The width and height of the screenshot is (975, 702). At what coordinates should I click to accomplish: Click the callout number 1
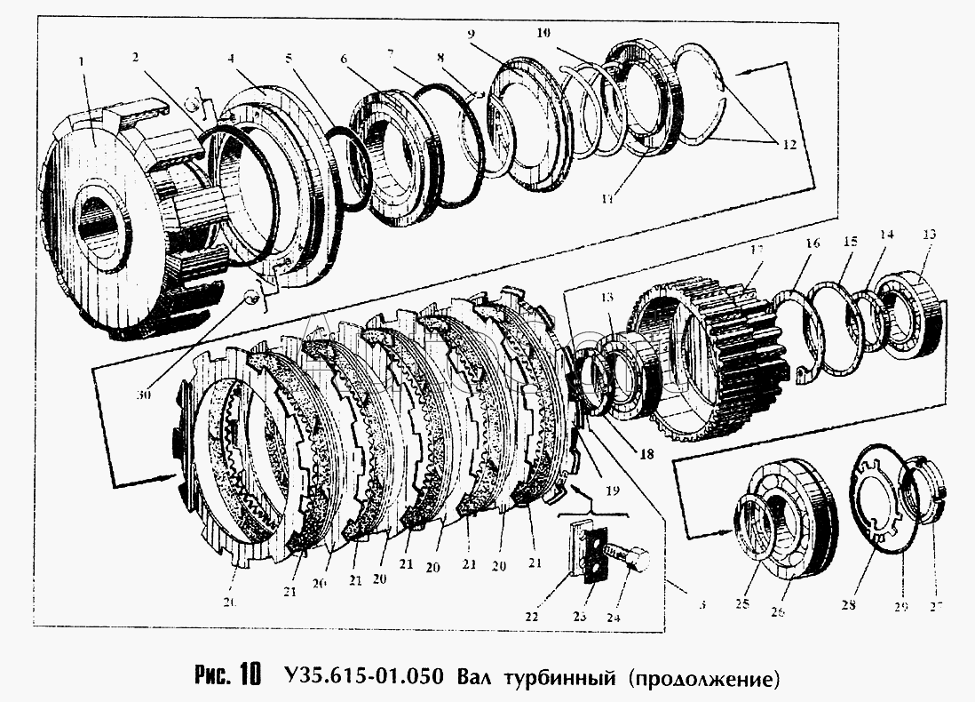[x=81, y=62]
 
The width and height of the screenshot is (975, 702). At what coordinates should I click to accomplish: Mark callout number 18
[x=646, y=452]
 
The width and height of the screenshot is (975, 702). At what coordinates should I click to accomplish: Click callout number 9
[x=472, y=34]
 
